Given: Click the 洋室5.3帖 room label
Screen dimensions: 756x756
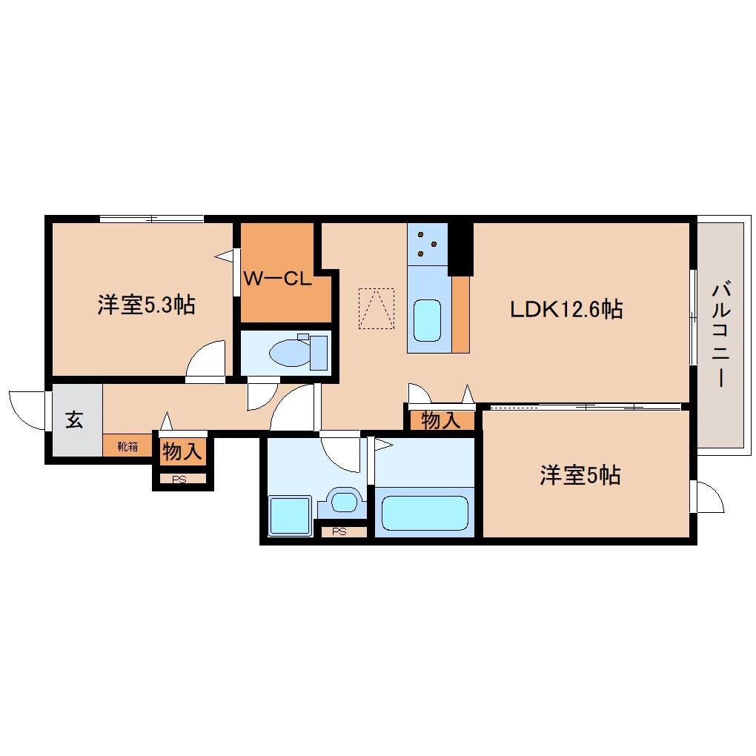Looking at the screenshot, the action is (x=146, y=305).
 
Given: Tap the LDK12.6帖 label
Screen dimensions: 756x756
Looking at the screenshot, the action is (x=566, y=309).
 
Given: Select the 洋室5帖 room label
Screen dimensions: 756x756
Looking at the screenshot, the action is (x=580, y=475).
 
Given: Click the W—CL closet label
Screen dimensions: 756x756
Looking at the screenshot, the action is (x=277, y=278).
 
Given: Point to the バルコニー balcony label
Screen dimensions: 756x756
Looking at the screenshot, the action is (x=721, y=334).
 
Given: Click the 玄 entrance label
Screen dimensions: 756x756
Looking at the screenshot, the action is (x=74, y=420).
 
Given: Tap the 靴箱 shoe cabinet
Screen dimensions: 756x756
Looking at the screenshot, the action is (x=127, y=446).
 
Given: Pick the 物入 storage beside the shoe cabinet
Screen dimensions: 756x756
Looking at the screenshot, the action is (x=182, y=452).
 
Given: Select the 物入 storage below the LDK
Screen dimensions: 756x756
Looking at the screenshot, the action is (x=441, y=420).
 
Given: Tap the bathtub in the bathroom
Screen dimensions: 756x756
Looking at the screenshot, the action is (x=425, y=513).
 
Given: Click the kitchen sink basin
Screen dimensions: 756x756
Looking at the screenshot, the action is (x=427, y=321).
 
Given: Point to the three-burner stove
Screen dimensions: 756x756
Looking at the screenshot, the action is (x=427, y=244).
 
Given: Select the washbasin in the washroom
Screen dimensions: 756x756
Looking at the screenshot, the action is (x=344, y=502).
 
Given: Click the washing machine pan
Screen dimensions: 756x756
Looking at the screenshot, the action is (x=290, y=516).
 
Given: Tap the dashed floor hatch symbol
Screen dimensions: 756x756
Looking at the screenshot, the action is (x=377, y=308).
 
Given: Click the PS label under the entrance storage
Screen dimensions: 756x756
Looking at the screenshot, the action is (x=179, y=480).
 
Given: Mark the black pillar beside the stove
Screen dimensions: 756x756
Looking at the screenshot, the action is (x=461, y=249).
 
